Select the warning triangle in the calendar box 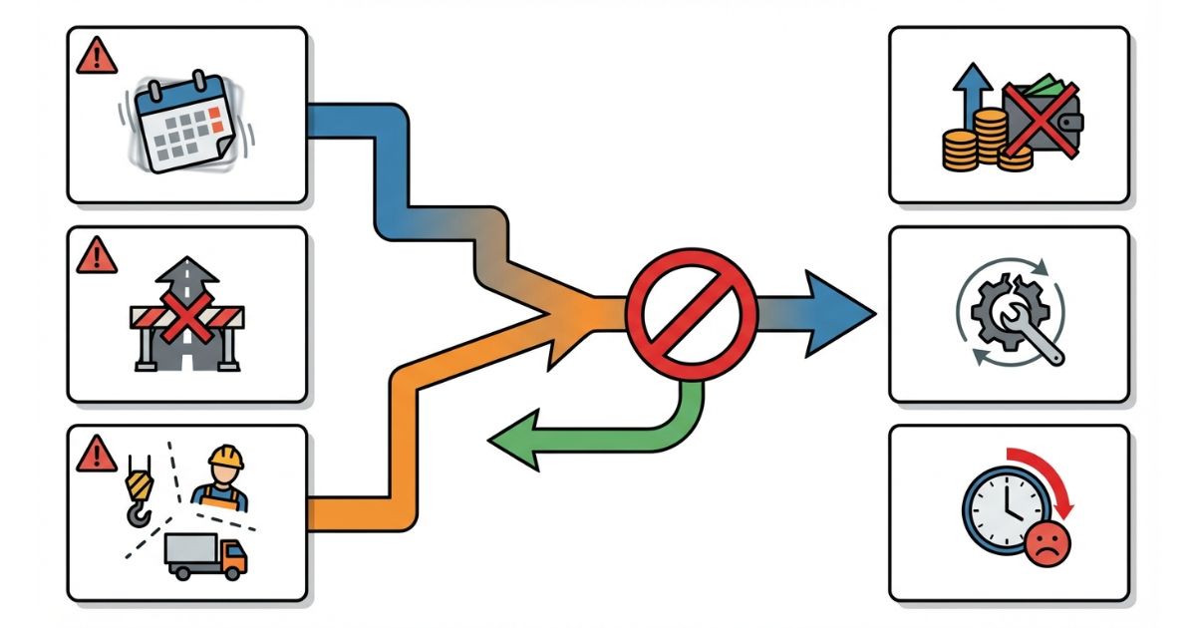(97, 57)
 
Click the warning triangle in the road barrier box (97, 256)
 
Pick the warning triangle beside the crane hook (97, 455)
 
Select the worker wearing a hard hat (222, 480)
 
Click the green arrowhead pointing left (514, 442)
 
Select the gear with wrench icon (1010, 314)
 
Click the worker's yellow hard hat (225, 457)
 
